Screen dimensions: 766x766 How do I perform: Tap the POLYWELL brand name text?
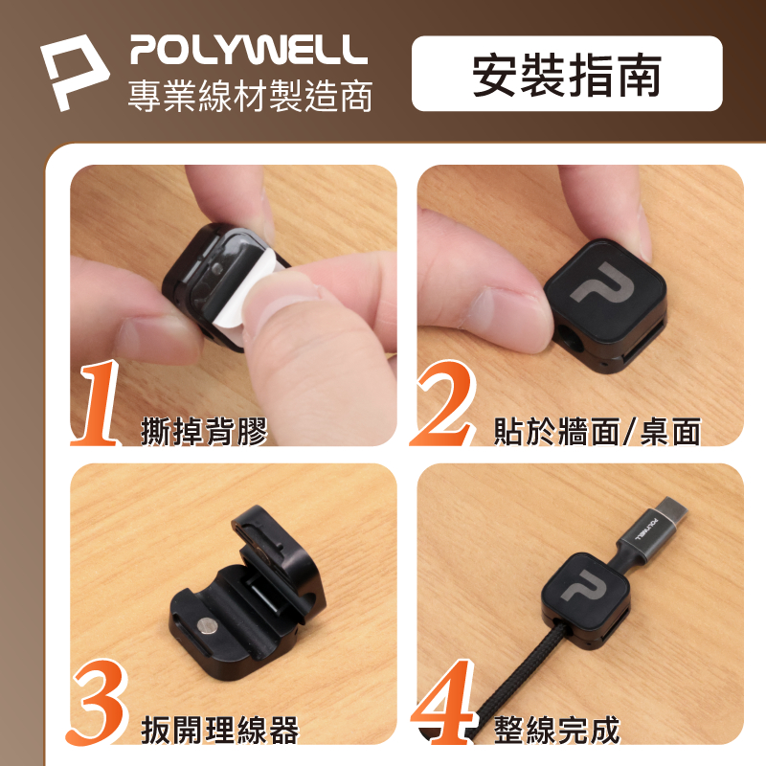[x=249, y=50]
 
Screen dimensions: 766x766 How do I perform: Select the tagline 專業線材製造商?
[x=250, y=96]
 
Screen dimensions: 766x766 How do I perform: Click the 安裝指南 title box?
[x=567, y=74]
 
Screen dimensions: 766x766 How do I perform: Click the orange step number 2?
[x=443, y=403]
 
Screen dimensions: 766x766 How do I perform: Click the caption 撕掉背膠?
[x=204, y=432]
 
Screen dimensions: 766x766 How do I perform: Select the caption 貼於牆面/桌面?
[x=597, y=432]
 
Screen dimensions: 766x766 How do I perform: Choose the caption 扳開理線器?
[x=220, y=731]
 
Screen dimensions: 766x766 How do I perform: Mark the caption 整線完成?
[x=557, y=731]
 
